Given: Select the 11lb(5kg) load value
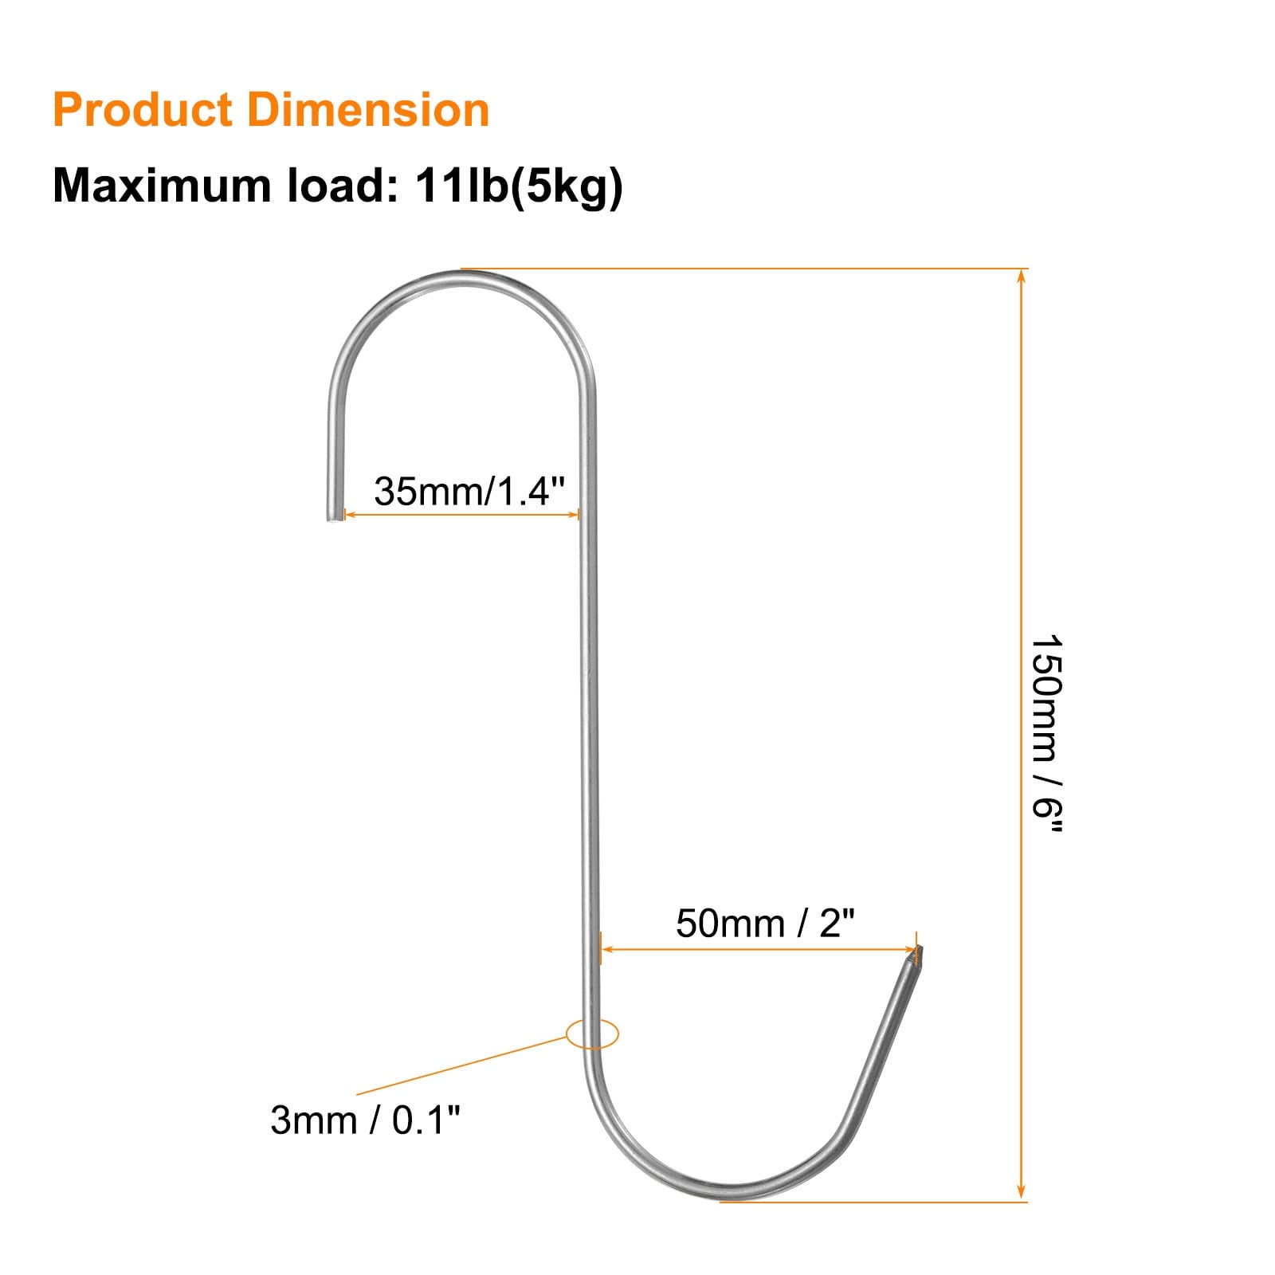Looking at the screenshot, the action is coord(519,188).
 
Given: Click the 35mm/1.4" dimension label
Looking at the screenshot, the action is coord(469,491).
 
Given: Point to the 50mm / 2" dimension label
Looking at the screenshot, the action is coord(765,924).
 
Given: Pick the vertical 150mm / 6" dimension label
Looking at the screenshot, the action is coord(1046,733).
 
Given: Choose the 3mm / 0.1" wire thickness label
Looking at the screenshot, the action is coord(366,1120).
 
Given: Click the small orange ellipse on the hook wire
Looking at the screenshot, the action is coord(592,1034).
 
